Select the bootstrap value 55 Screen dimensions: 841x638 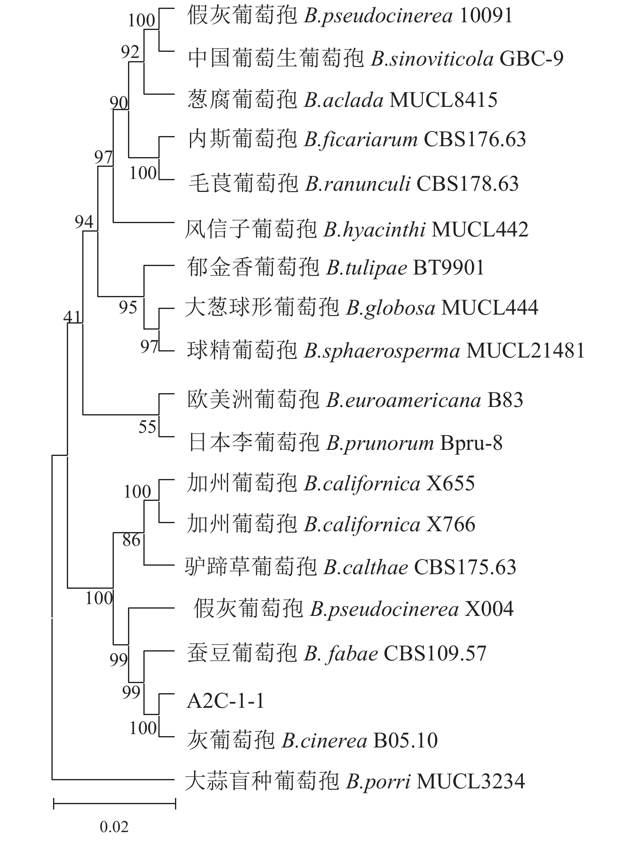pos(147,427)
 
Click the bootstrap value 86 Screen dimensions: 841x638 pos(131,540)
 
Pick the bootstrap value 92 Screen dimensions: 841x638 pos(130,52)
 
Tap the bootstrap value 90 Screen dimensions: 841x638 pos(119,103)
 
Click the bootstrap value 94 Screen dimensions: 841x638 pos(84,221)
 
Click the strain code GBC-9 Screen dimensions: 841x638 pos(531,59)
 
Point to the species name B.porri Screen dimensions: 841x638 pos(378,782)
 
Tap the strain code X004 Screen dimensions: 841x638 pos(489,609)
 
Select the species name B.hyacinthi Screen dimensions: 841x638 pos(374,230)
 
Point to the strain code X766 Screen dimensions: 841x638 pos(450,525)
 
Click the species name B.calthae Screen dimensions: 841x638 pos(365,567)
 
